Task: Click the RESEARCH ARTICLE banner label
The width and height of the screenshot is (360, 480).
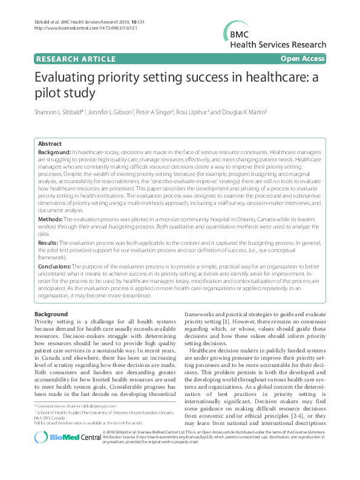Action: pyautogui.click(x=76, y=59)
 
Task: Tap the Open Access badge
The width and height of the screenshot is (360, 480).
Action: pyautogui.click(x=303, y=59)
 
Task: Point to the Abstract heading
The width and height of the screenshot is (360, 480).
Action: pyautogui.click(x=50, y=144)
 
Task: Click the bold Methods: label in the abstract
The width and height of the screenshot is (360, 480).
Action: pyautogui.click(x=51, y=219)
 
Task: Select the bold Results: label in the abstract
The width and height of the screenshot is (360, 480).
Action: pyautogui.click(x=49, y=242)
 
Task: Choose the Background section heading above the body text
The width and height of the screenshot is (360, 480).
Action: pyautogui.click(x=51, y=315)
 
